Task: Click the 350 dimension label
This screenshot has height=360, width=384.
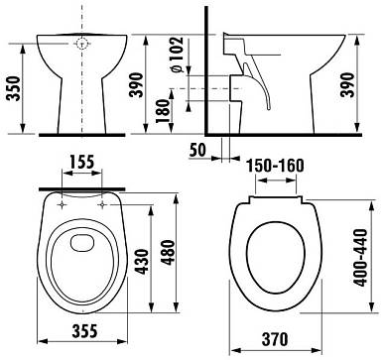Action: pos(14,88)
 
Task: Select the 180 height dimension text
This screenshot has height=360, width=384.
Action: pos(163,111)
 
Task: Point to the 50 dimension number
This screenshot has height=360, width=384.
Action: pos(197,150)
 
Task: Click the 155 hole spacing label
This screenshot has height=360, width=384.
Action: pos(82,162)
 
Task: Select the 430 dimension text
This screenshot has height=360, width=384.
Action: pos(143,262)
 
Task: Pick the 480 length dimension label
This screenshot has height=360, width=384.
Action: pos(169,253)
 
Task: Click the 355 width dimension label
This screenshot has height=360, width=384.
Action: pos(84,330)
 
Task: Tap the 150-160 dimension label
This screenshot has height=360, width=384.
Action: pos(277,166)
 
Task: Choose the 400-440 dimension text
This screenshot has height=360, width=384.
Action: pos(360,257)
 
